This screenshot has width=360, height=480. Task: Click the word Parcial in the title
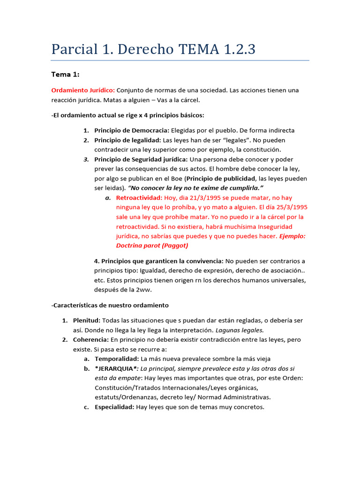[x=75, y=49]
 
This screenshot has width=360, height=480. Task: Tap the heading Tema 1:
[x=65, y=74]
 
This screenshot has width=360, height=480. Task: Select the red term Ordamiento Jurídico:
[x=83, y=90]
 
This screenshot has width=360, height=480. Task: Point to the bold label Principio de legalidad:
[x=127, y=140]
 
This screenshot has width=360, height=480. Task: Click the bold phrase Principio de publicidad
[x=222, y=179]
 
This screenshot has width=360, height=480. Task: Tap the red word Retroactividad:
[x=139, y=198]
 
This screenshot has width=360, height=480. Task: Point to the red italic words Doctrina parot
[x=138, y=246]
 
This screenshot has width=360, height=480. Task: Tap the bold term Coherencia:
[x=90, y=339]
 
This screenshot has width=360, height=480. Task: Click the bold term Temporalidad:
[x=116, y=359]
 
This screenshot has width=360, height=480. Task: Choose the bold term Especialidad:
[x=114, y=407]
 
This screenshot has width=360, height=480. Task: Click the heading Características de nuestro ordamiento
[x=110, y=305]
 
